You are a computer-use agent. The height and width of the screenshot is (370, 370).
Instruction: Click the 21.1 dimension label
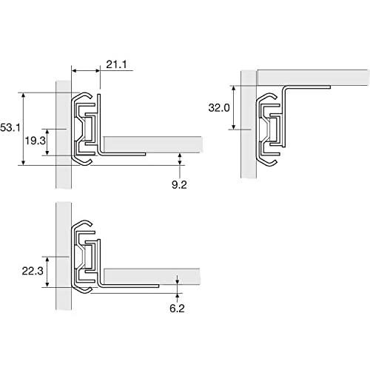point(116,64)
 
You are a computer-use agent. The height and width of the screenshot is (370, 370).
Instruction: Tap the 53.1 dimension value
point(10,128)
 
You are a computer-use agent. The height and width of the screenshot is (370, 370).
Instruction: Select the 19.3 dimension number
point(36,141)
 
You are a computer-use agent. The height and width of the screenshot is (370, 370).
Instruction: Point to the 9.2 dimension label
point(179,184)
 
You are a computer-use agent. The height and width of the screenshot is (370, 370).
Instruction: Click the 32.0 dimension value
point(219,108)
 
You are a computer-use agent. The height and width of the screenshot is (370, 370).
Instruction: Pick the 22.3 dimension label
point(33,271)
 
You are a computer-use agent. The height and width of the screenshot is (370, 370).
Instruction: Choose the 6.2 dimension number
point(177,309)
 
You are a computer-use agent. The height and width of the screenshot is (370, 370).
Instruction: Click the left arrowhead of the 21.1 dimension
point(74,71)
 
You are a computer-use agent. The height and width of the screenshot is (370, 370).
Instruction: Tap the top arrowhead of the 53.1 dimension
point(24,95)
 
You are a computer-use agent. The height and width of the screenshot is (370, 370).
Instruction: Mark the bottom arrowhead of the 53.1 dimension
point(24,163)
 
